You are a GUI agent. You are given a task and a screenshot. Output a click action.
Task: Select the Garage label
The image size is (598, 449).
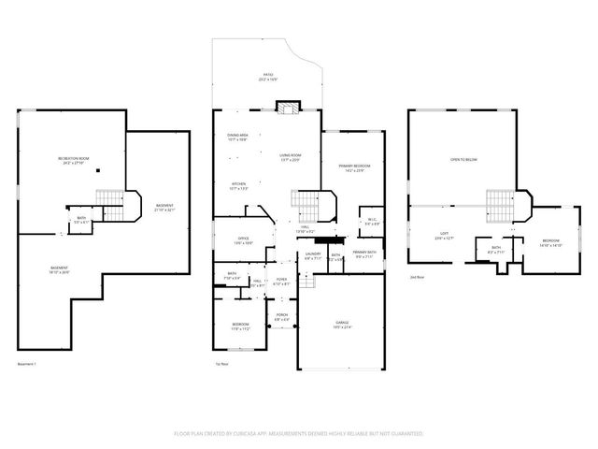pyautogui.click(x=343, y=325)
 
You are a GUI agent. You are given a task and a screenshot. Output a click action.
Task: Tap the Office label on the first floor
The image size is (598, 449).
pyautogui.click(x=242, y=240)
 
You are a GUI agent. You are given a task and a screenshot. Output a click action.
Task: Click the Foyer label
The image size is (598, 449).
pyautogui.click(x=280, y=281)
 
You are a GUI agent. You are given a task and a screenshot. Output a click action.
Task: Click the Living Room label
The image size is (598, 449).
pyautogui.click(x=290, y=156)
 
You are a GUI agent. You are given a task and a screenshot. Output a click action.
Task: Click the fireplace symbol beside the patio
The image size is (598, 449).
pyautogui.click(x=289, y=107)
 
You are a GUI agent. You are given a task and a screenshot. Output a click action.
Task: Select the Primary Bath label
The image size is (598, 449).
pyautogui.click(x=363, y=253)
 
